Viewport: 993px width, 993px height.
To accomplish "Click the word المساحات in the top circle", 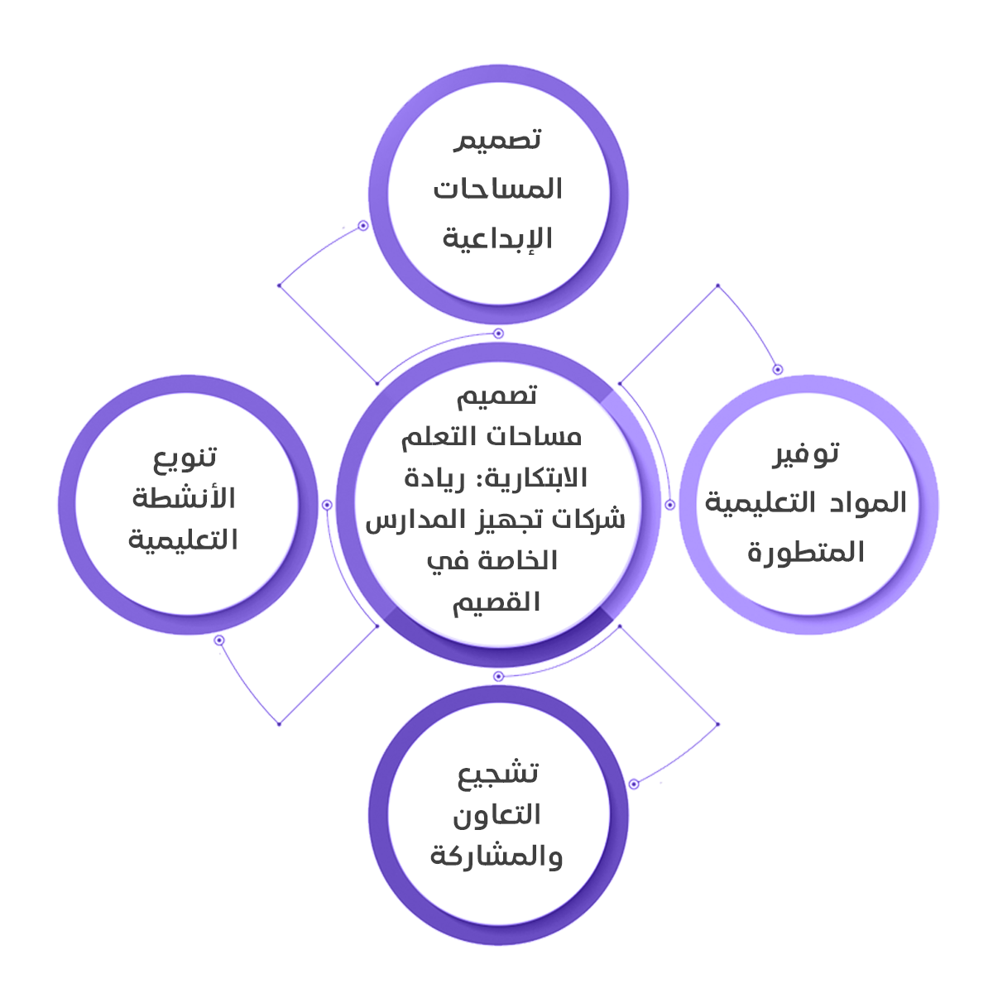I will [x=497, y=189].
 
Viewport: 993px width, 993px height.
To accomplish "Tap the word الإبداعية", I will [x=497, y=238].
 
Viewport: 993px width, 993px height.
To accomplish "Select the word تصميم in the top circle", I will [x=498, y=140].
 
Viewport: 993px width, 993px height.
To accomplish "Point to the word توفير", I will [x=806, y=453].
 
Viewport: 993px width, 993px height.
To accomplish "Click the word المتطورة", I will [x=806, y=552].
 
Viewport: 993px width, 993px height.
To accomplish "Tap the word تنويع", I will [x=185, y=457].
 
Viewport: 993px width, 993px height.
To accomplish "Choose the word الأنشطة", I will [x=184, y=499].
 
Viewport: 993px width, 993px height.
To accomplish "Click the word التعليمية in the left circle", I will [x=184, y=540].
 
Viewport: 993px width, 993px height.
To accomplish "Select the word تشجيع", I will [x=498, y=773].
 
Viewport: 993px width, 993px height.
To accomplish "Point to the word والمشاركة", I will [x=496, y=856].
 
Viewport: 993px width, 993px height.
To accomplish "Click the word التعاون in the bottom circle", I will [x=496, y=815].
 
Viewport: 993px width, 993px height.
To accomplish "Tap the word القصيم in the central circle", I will [x=496, y=602].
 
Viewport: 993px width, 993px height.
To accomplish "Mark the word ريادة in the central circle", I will [x=435, y=478].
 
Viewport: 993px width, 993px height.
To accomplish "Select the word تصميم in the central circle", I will [x=497, y=396].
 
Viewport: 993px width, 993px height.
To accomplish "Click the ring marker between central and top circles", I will [x=498, y=333].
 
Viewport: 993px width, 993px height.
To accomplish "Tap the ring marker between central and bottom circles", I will [x=498, y=676].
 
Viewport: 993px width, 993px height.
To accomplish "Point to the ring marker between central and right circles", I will [x=669, y=504].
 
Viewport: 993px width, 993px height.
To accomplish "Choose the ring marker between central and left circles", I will [x=327, y=505].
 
